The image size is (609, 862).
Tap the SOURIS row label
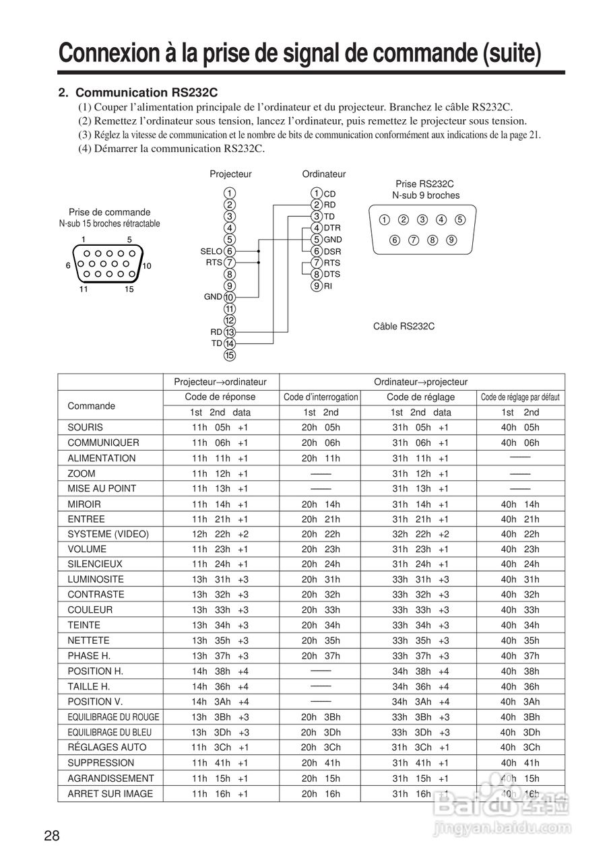click(x=86, y=428)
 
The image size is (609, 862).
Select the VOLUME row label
click(x=87, y=549)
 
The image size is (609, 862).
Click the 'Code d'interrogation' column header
click(x=321, y=397)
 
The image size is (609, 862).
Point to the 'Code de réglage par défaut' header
click(x=520, y=397)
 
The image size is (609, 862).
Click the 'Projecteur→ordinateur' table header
click(x=220, y=382)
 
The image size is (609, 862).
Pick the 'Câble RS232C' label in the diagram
click(x=404, y=327)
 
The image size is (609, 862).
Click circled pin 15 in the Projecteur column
click(x=230, y=355)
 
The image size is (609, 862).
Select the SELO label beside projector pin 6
click(x=211, y=251)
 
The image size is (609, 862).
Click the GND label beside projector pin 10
click(x=213, y=297)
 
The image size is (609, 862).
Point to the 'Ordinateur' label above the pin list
click(x=323, y=174)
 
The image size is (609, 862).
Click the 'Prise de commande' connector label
click(x=109, y=211)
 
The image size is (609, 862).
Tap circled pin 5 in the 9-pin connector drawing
click(x=460, y=220)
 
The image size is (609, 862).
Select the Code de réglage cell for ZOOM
click(x=421, y=473)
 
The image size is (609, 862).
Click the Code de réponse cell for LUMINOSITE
click(x=220, y=580)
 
